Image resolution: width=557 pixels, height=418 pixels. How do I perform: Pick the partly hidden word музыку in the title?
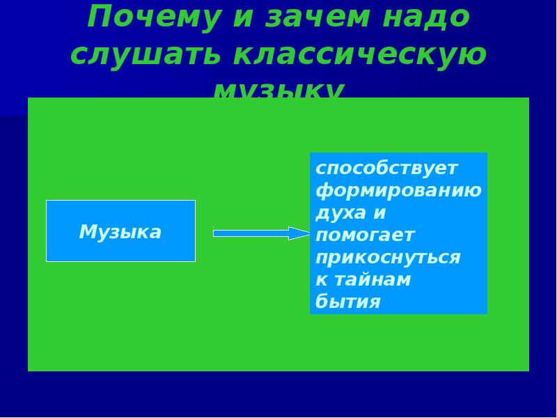(x=278, y=91)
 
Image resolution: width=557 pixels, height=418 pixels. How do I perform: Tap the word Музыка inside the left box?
(x=120, y=231)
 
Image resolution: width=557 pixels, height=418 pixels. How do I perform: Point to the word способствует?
(x=386, y=169)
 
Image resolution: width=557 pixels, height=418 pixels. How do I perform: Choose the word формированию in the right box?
(x=398, y=191)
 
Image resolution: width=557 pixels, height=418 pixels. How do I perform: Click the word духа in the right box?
(x=338, y=212)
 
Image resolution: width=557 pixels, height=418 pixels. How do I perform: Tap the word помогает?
(x=365, y=235)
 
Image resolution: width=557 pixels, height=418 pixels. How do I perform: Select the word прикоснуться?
(x=388, y=258)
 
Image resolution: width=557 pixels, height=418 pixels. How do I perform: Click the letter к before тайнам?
(x=321, y=280)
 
